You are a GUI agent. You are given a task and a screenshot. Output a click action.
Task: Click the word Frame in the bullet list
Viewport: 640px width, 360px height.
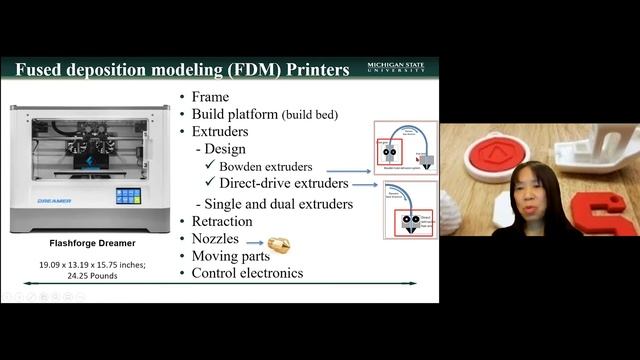(x=210, y=97)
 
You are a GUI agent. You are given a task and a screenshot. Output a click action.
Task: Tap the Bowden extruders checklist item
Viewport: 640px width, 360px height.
(x=265, y=166)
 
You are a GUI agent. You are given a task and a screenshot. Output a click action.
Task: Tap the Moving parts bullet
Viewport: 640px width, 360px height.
(x=233, y=256)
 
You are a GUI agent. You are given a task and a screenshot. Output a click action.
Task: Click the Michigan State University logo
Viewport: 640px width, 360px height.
(x=395, y=68)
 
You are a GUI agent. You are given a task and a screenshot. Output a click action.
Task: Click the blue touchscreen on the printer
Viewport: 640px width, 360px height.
(x=127, y=196)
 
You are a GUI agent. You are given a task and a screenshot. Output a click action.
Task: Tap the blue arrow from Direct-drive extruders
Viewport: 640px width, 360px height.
(x=365, y=185)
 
